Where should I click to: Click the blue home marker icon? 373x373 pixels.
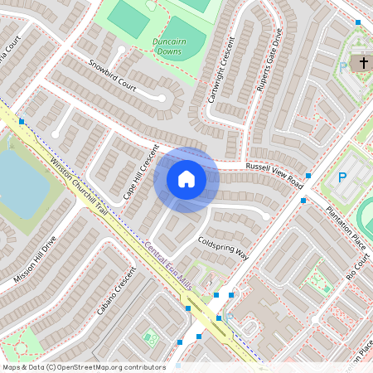[x=186, y=179]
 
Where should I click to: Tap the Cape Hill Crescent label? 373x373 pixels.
[x=140, y=172]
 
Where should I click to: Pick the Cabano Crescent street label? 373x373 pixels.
[x=114, y=294]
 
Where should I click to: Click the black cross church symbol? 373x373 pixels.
[x=362, y=63]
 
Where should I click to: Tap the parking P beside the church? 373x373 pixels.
[x=343, y=68]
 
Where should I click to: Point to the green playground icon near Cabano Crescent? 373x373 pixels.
[x=151, y=338]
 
